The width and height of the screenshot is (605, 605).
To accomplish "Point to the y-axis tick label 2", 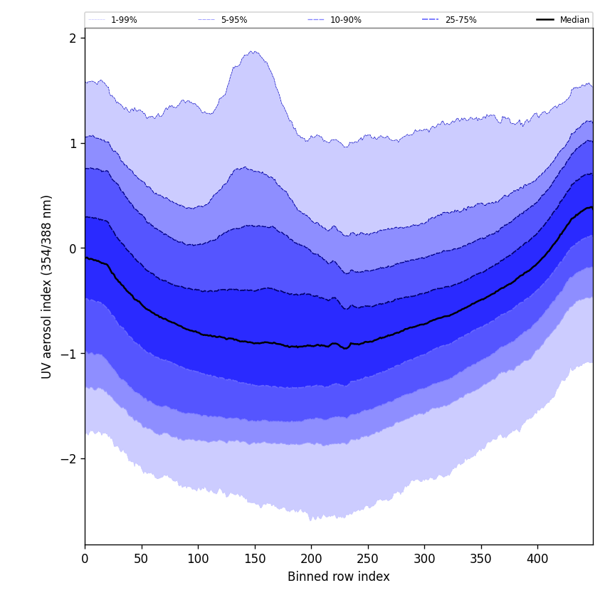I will click(x=73, y=38).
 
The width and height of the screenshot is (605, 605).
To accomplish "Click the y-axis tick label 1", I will click(x=73, y=143).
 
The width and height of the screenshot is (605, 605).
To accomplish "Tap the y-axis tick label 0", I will click(x=73, y=248).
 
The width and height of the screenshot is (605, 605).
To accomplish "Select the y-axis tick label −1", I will click(x=68, y=354).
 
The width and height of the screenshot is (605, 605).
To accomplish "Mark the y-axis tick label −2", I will click(x=68, y=458).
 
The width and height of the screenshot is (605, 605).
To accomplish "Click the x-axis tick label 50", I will click(x=142, y=559).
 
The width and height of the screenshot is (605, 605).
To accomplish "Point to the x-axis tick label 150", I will click(x=255, y=559).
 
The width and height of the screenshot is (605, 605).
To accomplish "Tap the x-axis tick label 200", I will click(x=311, y=559).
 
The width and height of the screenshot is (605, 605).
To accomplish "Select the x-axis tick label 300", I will click(x=424, y=559).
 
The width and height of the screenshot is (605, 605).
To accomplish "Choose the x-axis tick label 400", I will click(x=537, y=559).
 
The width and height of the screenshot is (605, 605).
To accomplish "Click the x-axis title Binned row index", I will click(x=339, y=577).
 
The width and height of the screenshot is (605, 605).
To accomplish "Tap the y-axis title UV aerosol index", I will click(x=47, y=286).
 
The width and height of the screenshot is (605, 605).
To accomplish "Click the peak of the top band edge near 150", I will click(x=253, y=51).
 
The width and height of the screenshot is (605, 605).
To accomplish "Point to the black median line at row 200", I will click(x=311, y=345).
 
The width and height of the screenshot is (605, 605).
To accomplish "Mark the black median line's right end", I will click(x=592, y=207).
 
